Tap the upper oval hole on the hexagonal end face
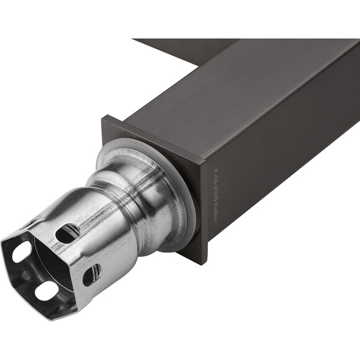[22, 251]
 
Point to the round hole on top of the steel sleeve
[67, 233]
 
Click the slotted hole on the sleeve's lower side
[92, 274]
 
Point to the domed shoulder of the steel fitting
[155, 199]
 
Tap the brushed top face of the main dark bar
[236, 93]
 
